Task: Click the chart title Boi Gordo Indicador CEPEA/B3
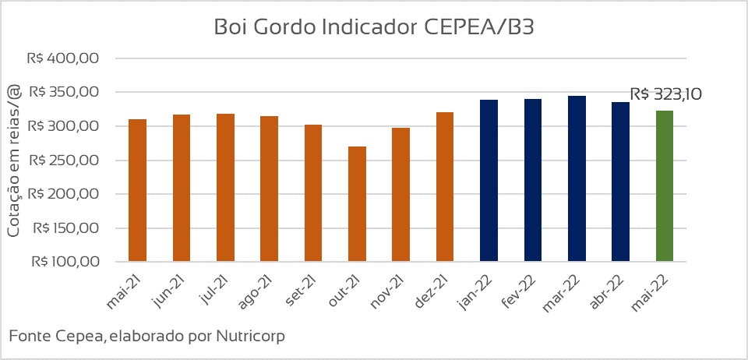pos(373,27)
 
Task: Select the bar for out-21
pos(357,203)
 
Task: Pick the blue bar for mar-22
pos(577,178)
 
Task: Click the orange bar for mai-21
pos(138,190)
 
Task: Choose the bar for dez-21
pos(445,186)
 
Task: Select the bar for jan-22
pos(489,180)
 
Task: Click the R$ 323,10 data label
pos(666,94)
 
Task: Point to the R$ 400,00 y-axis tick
pos(63,58)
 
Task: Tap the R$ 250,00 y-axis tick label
pos(63,161)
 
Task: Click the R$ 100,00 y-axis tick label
pos(63,262)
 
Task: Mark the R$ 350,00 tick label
pos(63,92)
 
